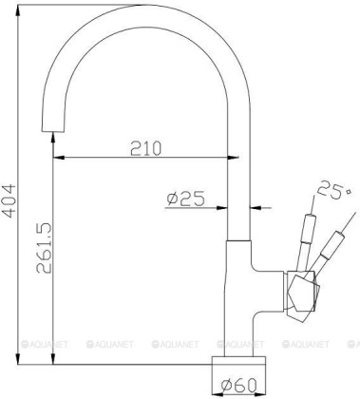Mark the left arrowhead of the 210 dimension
coord(58,158)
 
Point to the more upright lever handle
coord(306,235)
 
